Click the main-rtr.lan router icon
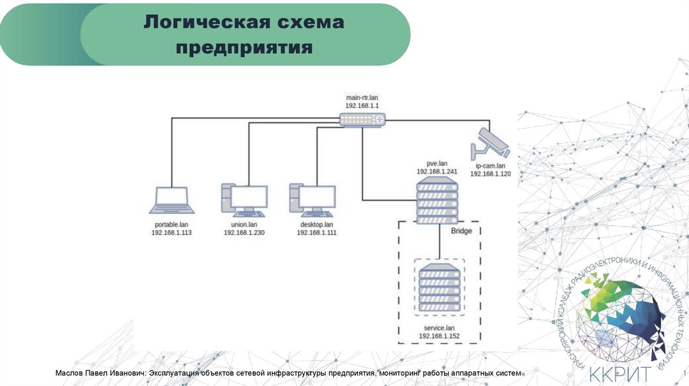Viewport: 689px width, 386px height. click(363, 120)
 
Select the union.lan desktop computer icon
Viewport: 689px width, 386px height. click(244, 200)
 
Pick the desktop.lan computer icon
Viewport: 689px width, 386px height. click(313, 200)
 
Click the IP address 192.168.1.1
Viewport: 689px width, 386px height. click(363, 106)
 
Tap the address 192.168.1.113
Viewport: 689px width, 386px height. click(172, 232)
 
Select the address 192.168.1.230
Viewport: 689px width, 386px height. click(244, 232)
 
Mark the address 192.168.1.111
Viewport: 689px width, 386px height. click(316, 232)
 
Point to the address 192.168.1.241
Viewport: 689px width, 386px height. click(437, 171)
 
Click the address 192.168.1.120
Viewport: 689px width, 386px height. click(491, 173)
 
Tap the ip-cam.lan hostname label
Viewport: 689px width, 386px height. click(491, 165)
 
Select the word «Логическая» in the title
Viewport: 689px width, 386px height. click(195, 23)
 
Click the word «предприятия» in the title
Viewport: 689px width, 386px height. click(245, 48)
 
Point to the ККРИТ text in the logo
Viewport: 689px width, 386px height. click(620, 372)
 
